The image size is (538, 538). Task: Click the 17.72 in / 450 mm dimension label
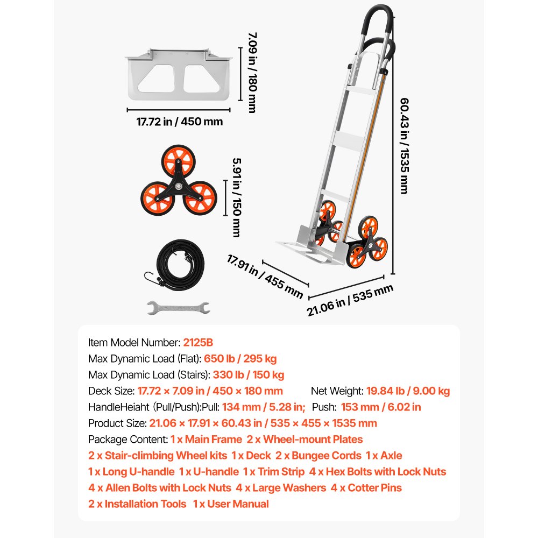[179, 122]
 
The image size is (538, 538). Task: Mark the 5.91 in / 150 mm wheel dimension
[236, 196]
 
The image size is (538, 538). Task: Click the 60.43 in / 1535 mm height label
[403, 145]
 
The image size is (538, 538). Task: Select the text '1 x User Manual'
[231, 504]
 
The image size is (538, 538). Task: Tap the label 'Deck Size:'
[111, 391]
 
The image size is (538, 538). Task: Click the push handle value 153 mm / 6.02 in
[381, 407]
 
